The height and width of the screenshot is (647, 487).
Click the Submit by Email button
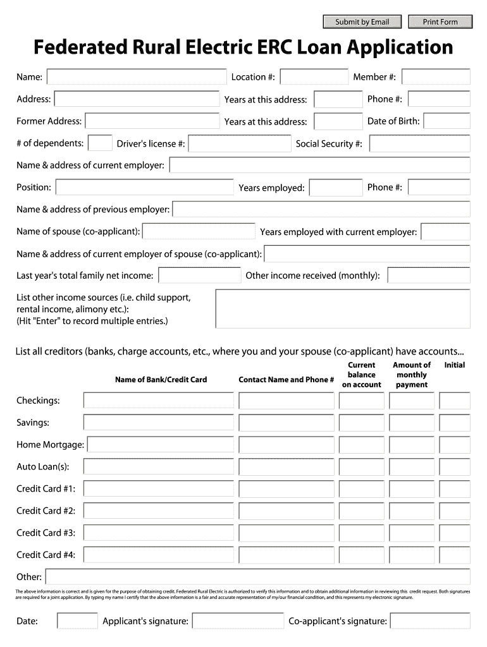[x=362, y=22]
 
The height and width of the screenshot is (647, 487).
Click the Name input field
[x=137, y=77]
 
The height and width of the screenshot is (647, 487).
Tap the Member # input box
[x=436, y=77]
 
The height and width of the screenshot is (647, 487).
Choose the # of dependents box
[x=100, y=143]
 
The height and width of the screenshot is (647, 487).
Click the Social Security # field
[x=419, y=144]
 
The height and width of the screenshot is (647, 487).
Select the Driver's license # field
[x=239, y=144]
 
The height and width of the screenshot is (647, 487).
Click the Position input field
[x=145, y=188]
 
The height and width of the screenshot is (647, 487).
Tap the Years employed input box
[x=335, y=188]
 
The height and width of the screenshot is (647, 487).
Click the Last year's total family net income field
[x=199, y=275]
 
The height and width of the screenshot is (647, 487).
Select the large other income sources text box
[x=343, y=309]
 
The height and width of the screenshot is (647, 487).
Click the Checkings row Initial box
[x=455, y=401]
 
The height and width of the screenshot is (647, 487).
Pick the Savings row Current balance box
[x=361, y=423]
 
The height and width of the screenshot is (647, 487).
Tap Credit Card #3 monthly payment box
[x=411, y=533]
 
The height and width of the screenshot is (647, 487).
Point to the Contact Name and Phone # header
[x=286, y=380]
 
